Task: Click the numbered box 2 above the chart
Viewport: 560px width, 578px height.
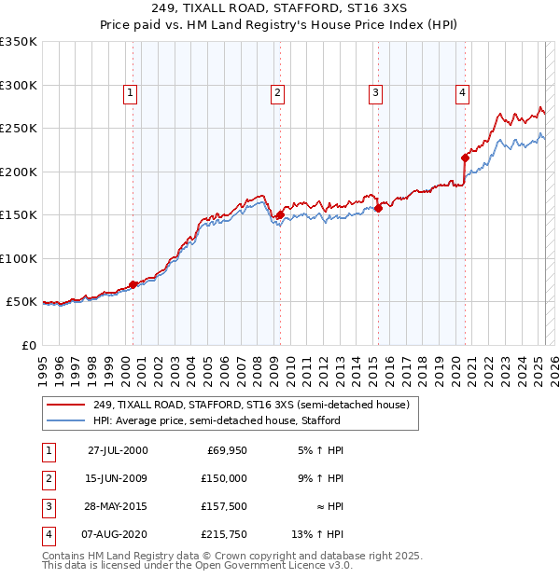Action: (x=278, y=92)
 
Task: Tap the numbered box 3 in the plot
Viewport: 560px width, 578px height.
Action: (x=375, y=92)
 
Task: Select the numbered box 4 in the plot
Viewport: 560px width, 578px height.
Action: (x=462, y=92)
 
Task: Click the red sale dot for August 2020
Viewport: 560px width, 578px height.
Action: (x=465, y=158)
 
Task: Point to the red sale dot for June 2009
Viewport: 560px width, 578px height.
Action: (x=280, y=215)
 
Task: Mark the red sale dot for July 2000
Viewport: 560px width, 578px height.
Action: (x=133, y=284)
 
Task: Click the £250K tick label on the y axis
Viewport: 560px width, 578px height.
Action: (x=18, y=129)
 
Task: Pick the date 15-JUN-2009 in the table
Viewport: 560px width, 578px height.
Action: (x=118, y=478)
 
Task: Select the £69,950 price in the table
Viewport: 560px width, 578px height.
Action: (x=226, y=450)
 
